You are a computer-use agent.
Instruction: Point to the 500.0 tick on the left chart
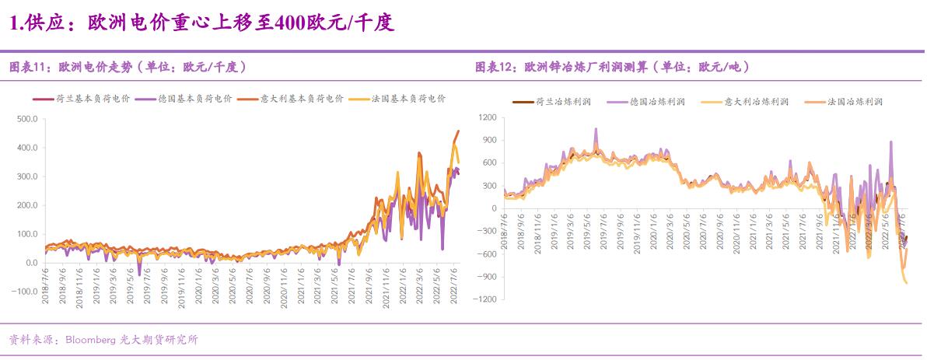(26, 119)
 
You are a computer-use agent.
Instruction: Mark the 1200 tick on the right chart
(487, 117)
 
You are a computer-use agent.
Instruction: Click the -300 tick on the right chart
(487, 231)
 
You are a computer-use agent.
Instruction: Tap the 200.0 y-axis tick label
(26, 205)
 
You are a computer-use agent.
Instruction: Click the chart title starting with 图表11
(128, 67)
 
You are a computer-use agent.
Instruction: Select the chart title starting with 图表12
(612, 67)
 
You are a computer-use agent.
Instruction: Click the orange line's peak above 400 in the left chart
(457, 131)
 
